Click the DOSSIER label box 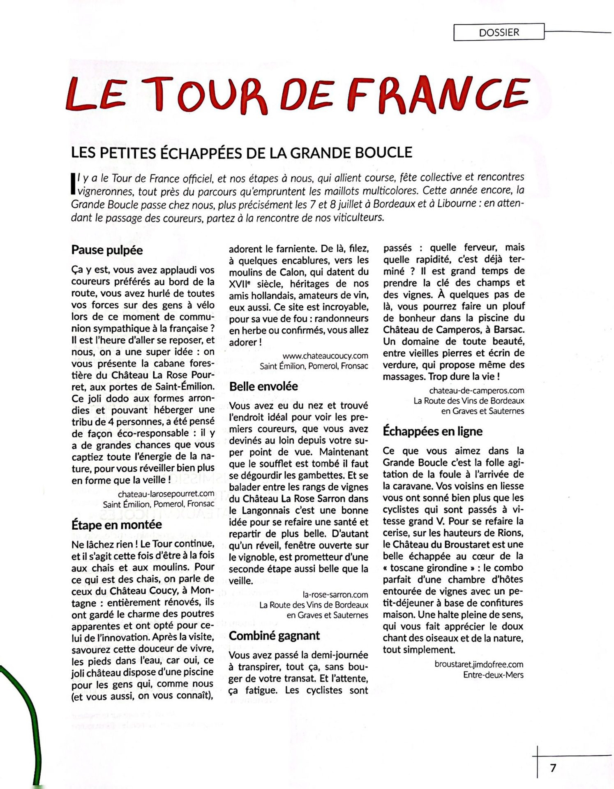(499, 32)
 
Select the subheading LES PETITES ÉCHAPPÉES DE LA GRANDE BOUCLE (241, 153)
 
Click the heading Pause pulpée (107, 250)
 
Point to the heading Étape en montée (116, 525)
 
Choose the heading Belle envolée (263, 386)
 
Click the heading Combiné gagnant (274, 636)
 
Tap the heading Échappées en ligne (432, 431)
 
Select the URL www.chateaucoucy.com (325, 355)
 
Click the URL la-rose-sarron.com (335, 594)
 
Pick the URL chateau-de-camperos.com (476, 390)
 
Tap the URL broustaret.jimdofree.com (478, 664)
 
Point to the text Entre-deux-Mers (493, 675)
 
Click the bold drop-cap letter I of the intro (73, 182)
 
